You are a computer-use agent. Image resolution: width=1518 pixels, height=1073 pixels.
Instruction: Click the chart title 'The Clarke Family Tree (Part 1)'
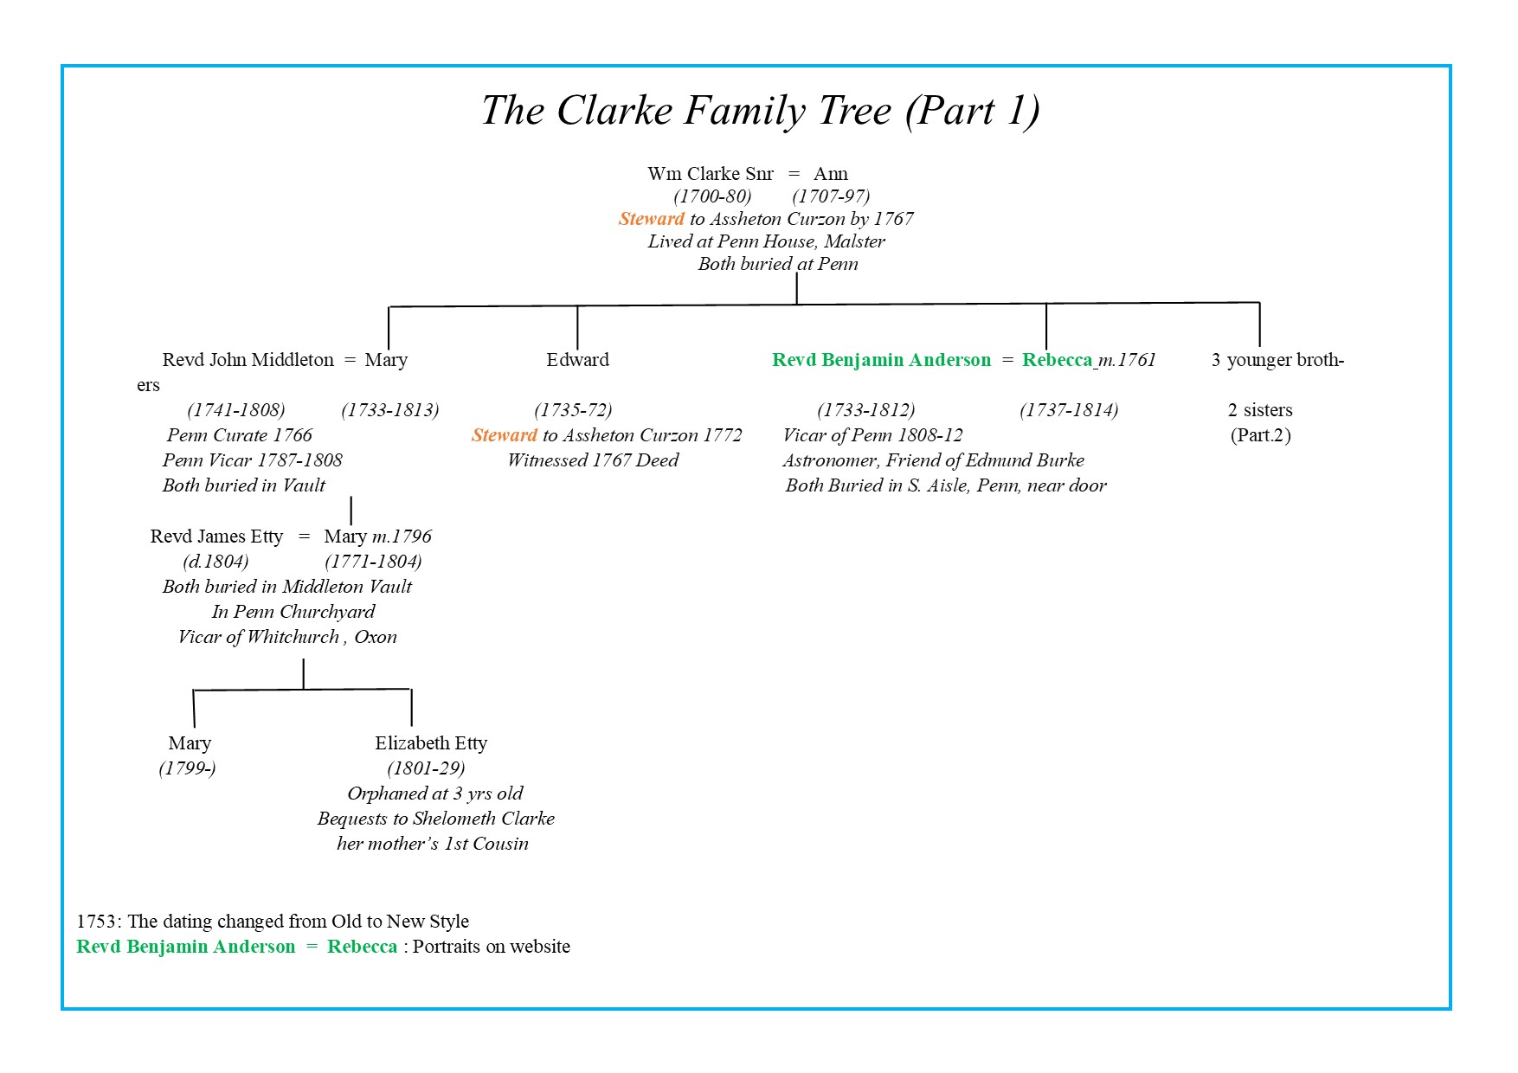[x=760, y=112]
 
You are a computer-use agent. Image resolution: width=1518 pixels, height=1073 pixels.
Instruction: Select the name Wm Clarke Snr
[x=711, y=174]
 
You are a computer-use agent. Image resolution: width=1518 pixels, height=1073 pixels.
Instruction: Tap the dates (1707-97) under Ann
[x=831, y=196]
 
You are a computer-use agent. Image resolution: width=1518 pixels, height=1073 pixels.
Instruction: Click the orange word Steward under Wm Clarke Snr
[x=651, y=219]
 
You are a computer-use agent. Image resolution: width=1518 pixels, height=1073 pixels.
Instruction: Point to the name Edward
[x=577, y=360]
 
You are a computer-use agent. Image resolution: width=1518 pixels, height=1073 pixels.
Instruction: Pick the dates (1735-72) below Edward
[x=573, y=410]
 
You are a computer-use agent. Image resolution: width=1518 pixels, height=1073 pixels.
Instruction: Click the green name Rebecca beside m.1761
[x=1057, y=360]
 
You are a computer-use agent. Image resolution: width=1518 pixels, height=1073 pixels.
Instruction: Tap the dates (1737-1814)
[x=1069, y=410]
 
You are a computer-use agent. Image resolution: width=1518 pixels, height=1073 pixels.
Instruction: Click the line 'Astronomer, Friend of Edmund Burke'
[x=933, y=460]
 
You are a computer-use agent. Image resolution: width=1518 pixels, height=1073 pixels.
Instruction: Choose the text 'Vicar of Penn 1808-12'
[x=872, y=435]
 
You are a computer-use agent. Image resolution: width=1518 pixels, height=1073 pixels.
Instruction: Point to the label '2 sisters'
[x=1260, y=410]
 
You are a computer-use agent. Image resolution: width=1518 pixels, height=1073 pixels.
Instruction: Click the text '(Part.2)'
[x=1260, y=435]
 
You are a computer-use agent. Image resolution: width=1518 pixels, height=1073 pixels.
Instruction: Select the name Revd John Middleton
[x=248, y=360]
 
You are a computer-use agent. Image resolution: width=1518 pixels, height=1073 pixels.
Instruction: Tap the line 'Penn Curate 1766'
[x=240, y=435]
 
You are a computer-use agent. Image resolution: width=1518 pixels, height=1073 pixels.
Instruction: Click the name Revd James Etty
[x=216, y=536]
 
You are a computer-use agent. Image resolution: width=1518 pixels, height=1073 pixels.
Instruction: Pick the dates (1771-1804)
[x=373, y=562]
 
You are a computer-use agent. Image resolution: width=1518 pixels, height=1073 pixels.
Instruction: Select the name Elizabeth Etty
[x=431, y=743]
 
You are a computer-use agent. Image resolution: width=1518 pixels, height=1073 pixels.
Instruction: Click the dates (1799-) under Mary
[x=187, y=768]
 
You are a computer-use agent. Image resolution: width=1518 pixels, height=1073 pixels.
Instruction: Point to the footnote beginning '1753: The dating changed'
[x=273, y=922]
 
